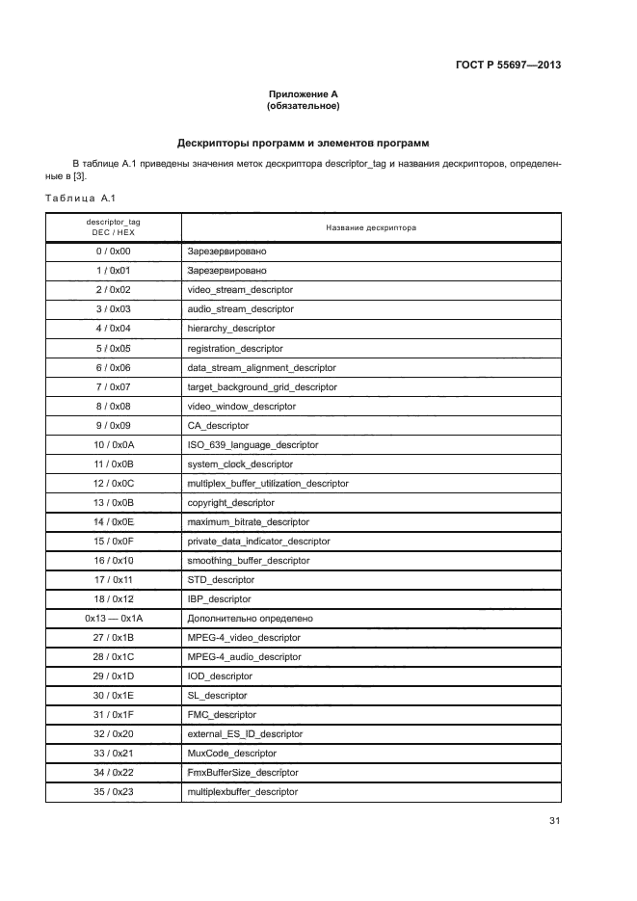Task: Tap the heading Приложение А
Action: coord(303,94)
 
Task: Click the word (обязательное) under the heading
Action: coord(303,106)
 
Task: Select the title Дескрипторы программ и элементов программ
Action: coord(303,143)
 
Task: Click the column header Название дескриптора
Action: coord(370,228)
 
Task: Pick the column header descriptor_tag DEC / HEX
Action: coord(113,227)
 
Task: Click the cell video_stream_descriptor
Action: coord(240,290)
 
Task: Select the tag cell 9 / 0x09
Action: coord(113,425)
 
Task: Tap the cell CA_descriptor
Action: coord(218,425)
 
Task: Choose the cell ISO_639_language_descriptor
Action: coord(252,444)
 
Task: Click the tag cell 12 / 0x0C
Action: coord(113,483)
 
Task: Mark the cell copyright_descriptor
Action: coord(230,502)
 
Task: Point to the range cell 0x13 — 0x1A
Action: coord(113,618)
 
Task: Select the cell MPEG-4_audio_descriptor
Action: coord(244,656)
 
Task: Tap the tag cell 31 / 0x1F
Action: coord(113,714)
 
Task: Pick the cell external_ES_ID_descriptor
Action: coord(245,733)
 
